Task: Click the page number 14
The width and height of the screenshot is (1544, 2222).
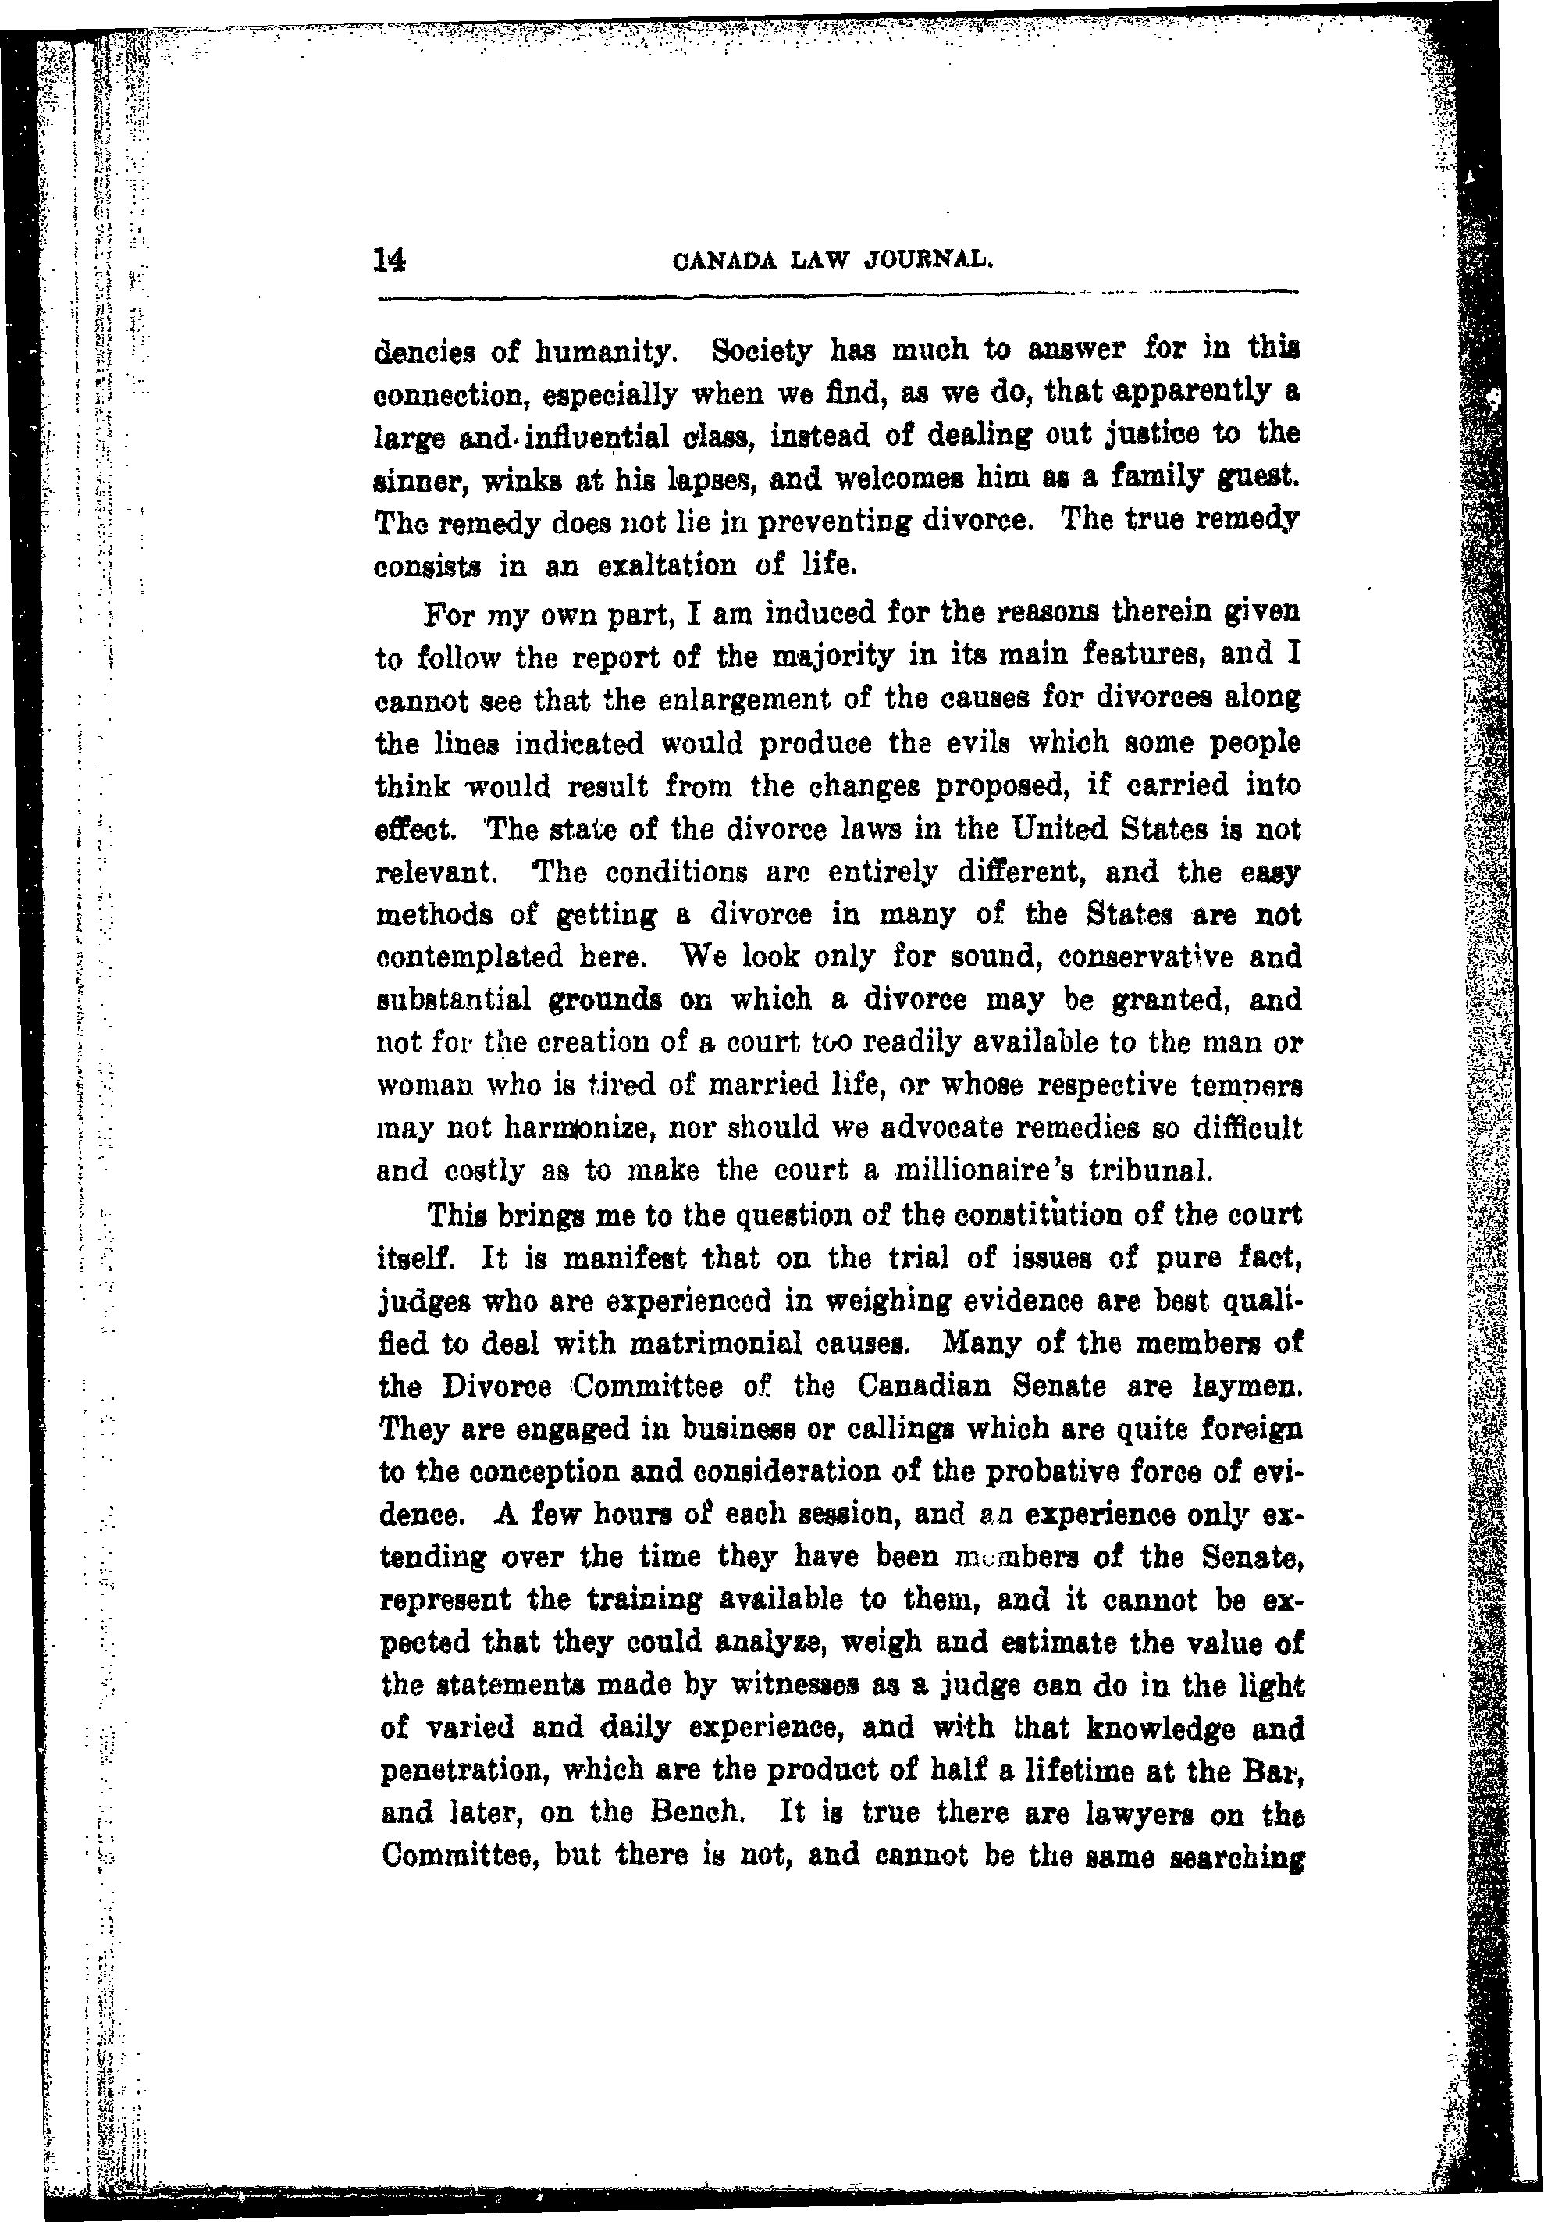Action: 390,260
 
